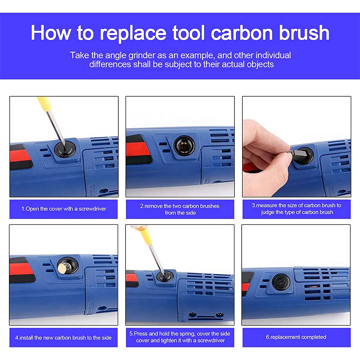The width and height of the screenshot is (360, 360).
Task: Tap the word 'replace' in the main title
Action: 133,33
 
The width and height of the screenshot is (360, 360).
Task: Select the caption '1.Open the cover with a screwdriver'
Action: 64,209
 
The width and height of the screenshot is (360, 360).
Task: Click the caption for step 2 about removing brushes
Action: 179,209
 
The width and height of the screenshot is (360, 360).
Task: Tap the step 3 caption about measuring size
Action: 296,209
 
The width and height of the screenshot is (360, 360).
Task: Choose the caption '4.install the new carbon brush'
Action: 63,338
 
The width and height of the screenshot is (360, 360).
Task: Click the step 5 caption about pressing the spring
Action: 179,337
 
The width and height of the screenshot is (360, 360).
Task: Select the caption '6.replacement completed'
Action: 296,337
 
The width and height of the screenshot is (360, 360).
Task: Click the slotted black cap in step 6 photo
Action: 281,282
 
